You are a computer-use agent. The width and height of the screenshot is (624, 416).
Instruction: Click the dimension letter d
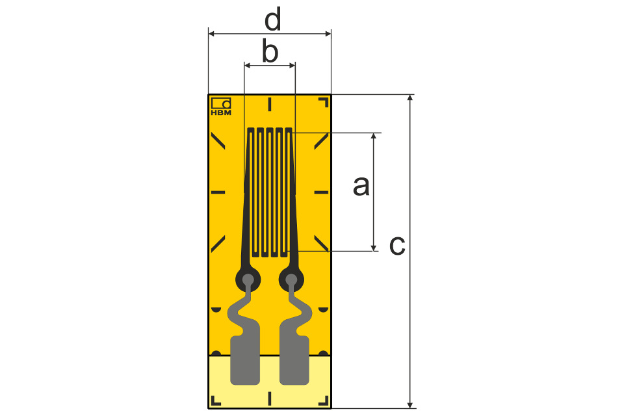click(273, 19)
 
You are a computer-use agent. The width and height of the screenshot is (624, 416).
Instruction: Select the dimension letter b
click(270, 51)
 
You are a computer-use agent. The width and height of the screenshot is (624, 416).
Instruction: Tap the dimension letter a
click(361, 186)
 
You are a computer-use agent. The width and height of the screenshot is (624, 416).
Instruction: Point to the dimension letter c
click(397, 245)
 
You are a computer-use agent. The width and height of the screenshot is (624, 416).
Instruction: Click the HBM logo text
click(221, 112)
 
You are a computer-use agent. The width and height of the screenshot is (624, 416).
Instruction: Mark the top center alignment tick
click(269, 104)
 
